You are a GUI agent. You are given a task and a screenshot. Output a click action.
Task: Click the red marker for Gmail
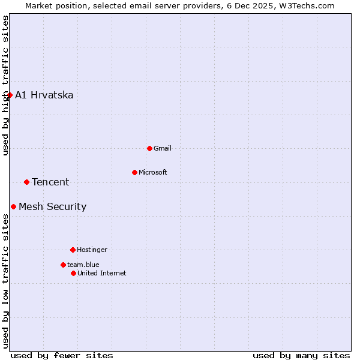[149, 148]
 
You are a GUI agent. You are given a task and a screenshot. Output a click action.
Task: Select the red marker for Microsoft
[134, 172]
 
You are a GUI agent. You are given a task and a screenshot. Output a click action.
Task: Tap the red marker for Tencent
[26, 182]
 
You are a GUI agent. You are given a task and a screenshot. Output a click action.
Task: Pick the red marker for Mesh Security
[13, 206]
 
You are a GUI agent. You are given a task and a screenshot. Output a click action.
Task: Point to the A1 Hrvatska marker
[10, 95]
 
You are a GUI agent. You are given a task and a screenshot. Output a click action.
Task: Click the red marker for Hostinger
[73, 250]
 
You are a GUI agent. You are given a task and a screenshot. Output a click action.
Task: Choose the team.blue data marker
[63, 265]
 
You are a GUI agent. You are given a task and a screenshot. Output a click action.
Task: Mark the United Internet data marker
[73, 273]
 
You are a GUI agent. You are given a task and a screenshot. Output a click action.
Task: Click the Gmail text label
[163, 148]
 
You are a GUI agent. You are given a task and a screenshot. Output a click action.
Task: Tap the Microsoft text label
[153, 172]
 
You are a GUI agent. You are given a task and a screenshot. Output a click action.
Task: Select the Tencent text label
[50, 182]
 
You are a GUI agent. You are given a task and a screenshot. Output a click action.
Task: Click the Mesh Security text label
[53, 206]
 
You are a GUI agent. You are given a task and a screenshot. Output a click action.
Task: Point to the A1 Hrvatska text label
[44, 95]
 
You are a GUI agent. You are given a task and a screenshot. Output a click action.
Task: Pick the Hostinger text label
[92, 250]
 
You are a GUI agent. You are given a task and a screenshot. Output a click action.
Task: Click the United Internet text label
[102, 273]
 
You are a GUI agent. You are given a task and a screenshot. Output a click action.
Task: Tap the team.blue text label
[83, 265]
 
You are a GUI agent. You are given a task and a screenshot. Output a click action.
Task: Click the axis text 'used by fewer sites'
[62, 355]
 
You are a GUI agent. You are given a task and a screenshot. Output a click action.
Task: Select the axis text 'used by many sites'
[301, 355]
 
